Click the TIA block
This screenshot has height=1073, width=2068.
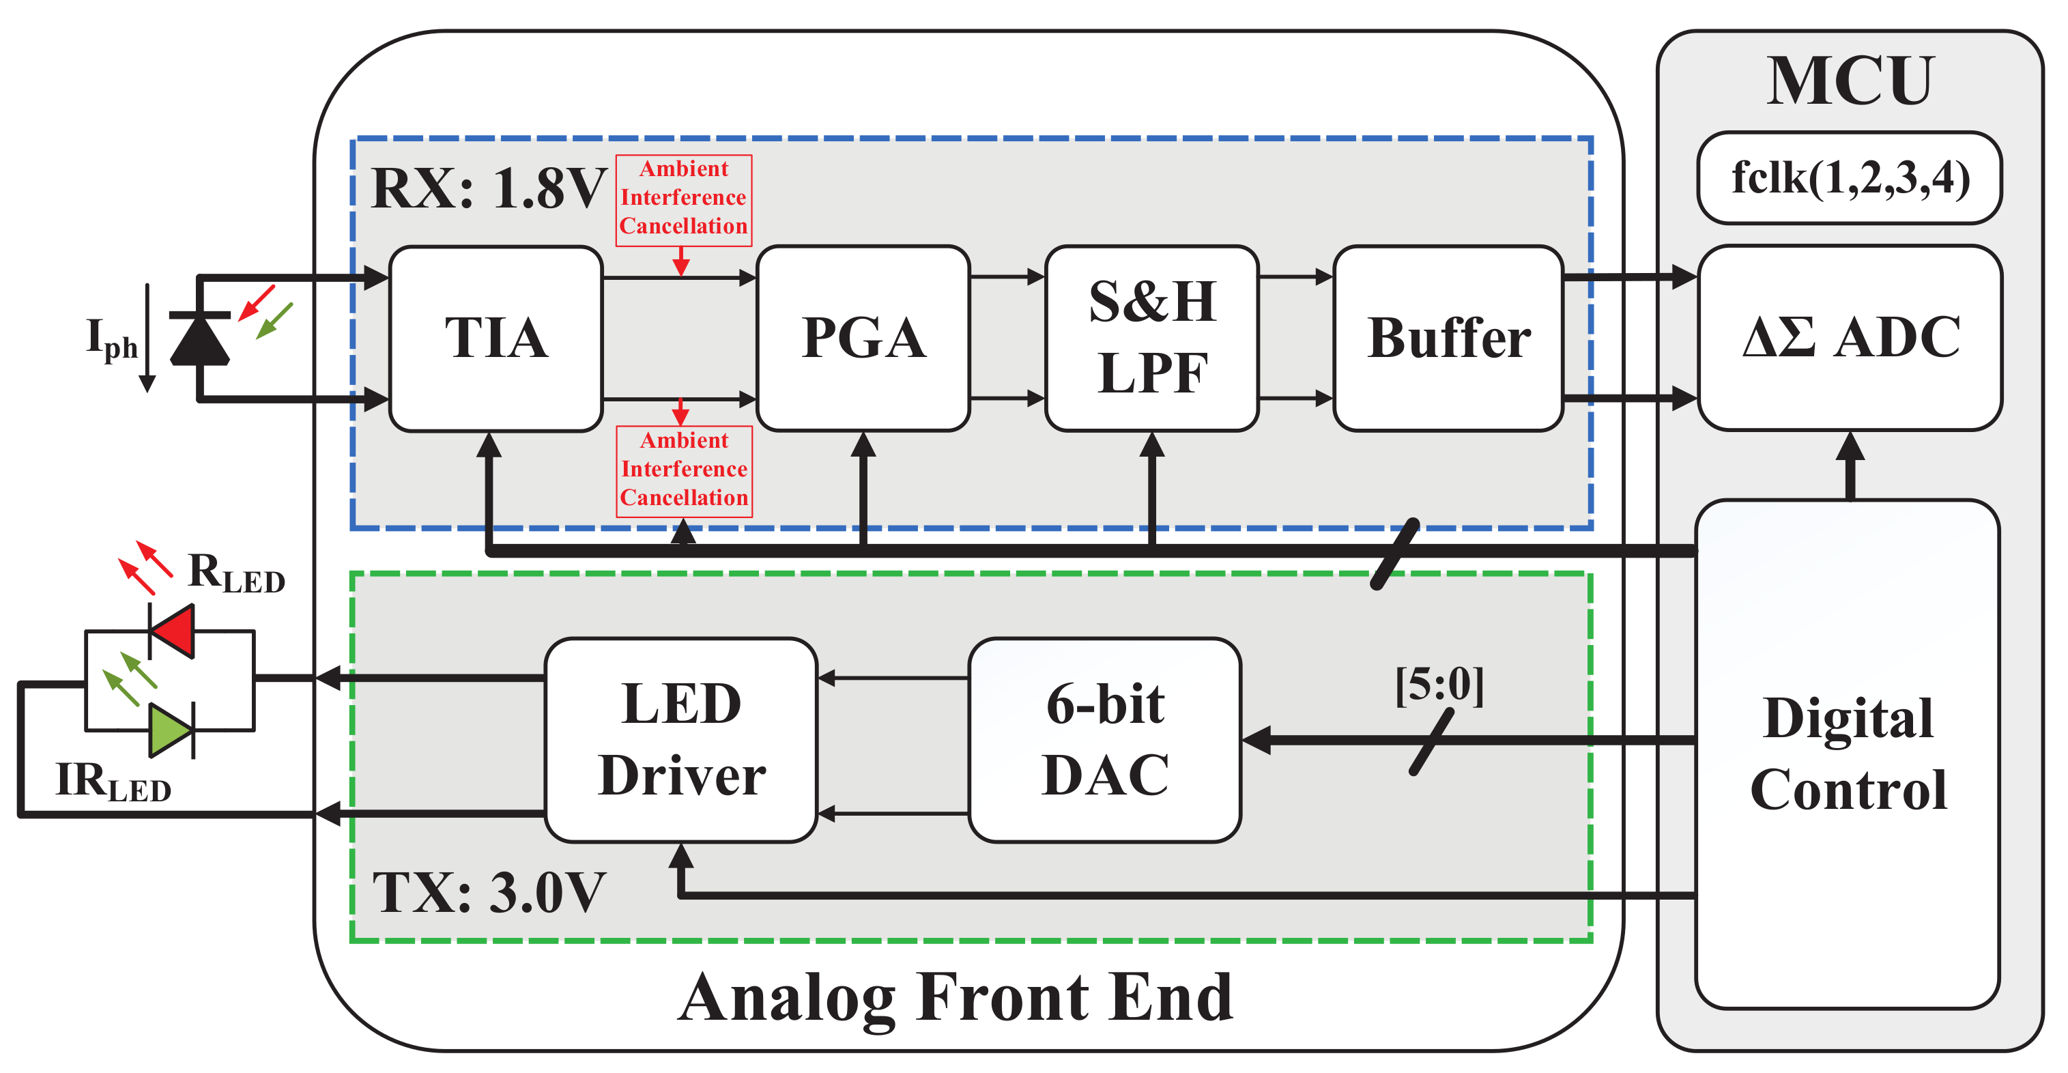(496, 338)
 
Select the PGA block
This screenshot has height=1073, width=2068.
(863, 338)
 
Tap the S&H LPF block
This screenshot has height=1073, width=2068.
(1151, 338)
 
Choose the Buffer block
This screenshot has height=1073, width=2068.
(1448, 338)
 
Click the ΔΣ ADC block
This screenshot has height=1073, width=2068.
(1850, 338)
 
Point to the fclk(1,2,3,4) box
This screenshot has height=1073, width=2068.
(1850, 178)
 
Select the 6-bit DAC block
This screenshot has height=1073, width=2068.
(1105, 740)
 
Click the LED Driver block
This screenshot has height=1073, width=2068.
(680, 740)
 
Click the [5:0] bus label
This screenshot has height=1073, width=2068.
(1439, 685)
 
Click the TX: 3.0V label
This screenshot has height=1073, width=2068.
(488, 892)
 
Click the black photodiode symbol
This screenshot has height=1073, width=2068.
(199, 340)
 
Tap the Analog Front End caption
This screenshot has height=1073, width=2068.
(956, 997)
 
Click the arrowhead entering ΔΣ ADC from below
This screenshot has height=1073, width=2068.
(1850, 446)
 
